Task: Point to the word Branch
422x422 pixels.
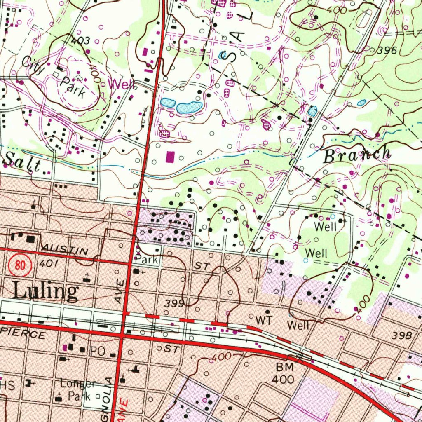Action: point(357,155)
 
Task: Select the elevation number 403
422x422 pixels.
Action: point(80,41)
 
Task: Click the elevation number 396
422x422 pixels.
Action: point(387,51)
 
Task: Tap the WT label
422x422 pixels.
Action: point(264,320)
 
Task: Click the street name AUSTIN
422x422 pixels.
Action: point(64,249)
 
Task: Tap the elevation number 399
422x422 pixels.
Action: point(174,304)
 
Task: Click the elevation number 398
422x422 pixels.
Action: point(402,335)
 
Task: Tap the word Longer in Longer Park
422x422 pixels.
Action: point(78,384)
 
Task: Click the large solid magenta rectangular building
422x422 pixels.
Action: point(170,157)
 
